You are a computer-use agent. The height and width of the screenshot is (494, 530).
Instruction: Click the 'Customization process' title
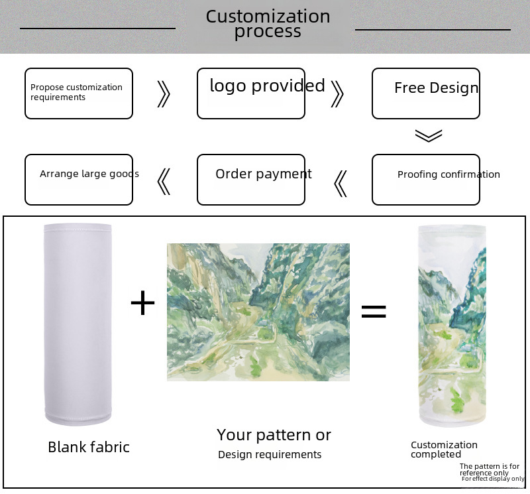click(x=268, y=24)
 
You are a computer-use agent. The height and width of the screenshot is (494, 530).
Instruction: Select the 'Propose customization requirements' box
click(x=79, y=93)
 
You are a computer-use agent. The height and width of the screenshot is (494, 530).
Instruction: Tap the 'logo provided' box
click(x=251, y=93)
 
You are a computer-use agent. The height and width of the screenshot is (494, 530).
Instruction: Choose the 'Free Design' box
click(x=426, y=93)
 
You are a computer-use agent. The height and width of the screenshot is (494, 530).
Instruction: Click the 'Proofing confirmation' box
click(x=426, y=180)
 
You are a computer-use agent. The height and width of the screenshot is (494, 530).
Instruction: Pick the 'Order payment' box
click(x=251, y=180)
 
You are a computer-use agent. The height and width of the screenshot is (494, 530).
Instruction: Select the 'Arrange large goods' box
click(x=79, y=180)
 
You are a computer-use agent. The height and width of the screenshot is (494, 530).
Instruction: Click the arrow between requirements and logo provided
click(x=164, y=94)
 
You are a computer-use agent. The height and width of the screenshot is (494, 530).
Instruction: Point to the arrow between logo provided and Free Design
click(x=337, y=94)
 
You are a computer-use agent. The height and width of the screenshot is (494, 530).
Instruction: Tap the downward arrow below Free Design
click(x=429, y=135)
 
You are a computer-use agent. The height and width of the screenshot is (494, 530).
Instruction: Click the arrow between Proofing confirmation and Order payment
click(x=341, y=183)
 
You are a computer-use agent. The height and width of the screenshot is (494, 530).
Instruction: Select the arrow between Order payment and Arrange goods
click(x=164, y=182)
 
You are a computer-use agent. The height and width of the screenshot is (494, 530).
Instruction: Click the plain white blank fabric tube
click(x=78, y=325)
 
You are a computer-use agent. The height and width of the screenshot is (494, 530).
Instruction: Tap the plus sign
click(x=142, y=304)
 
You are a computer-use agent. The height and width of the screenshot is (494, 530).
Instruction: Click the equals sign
click(x=374, y=312)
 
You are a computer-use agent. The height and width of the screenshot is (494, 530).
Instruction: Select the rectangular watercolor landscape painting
click(x=258, y=312)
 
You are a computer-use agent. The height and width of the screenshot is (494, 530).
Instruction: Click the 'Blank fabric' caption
click(x=89, y=448)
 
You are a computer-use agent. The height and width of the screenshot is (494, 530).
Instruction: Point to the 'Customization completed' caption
click(x=444, y=450)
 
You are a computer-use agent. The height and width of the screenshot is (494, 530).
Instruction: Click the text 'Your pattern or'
click(x=274, y=435)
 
